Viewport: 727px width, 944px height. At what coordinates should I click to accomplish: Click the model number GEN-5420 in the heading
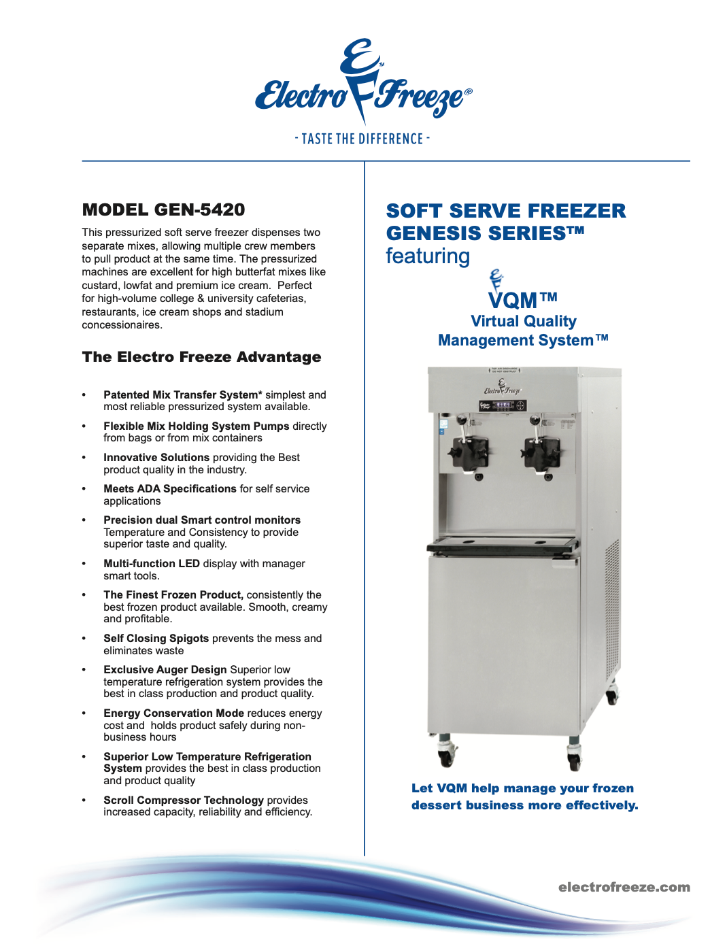pos(199,209)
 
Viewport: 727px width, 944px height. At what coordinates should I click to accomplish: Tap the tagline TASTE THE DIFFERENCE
pos(362,139)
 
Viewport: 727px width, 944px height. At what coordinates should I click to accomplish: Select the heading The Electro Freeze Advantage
pos(201,357)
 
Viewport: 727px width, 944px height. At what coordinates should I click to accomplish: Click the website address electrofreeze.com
pos(624,887)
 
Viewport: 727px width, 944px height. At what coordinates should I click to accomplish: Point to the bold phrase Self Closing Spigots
pos(156,639)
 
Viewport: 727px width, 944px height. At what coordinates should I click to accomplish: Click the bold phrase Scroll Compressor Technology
pos(184,800)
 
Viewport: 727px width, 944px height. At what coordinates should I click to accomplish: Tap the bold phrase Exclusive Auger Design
pos(165,670)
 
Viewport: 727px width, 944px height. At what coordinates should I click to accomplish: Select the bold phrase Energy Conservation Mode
pos(173,713)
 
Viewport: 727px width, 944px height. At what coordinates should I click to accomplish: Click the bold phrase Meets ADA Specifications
pos(170,489)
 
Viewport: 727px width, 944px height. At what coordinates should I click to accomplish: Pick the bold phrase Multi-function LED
pos(152,564)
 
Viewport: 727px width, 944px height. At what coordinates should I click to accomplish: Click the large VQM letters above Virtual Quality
pos(513,300)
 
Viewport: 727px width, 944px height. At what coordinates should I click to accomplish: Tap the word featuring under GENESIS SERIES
pos(428,256)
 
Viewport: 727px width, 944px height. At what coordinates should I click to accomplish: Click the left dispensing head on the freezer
pos(468,450)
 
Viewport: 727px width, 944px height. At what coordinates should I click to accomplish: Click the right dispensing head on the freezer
pos(541,450)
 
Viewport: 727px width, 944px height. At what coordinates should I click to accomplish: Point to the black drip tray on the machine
pos(503,543)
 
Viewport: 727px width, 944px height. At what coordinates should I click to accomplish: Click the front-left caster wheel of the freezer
pos(447,753)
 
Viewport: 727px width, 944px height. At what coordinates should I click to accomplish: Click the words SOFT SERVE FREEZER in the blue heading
pos(506,211)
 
